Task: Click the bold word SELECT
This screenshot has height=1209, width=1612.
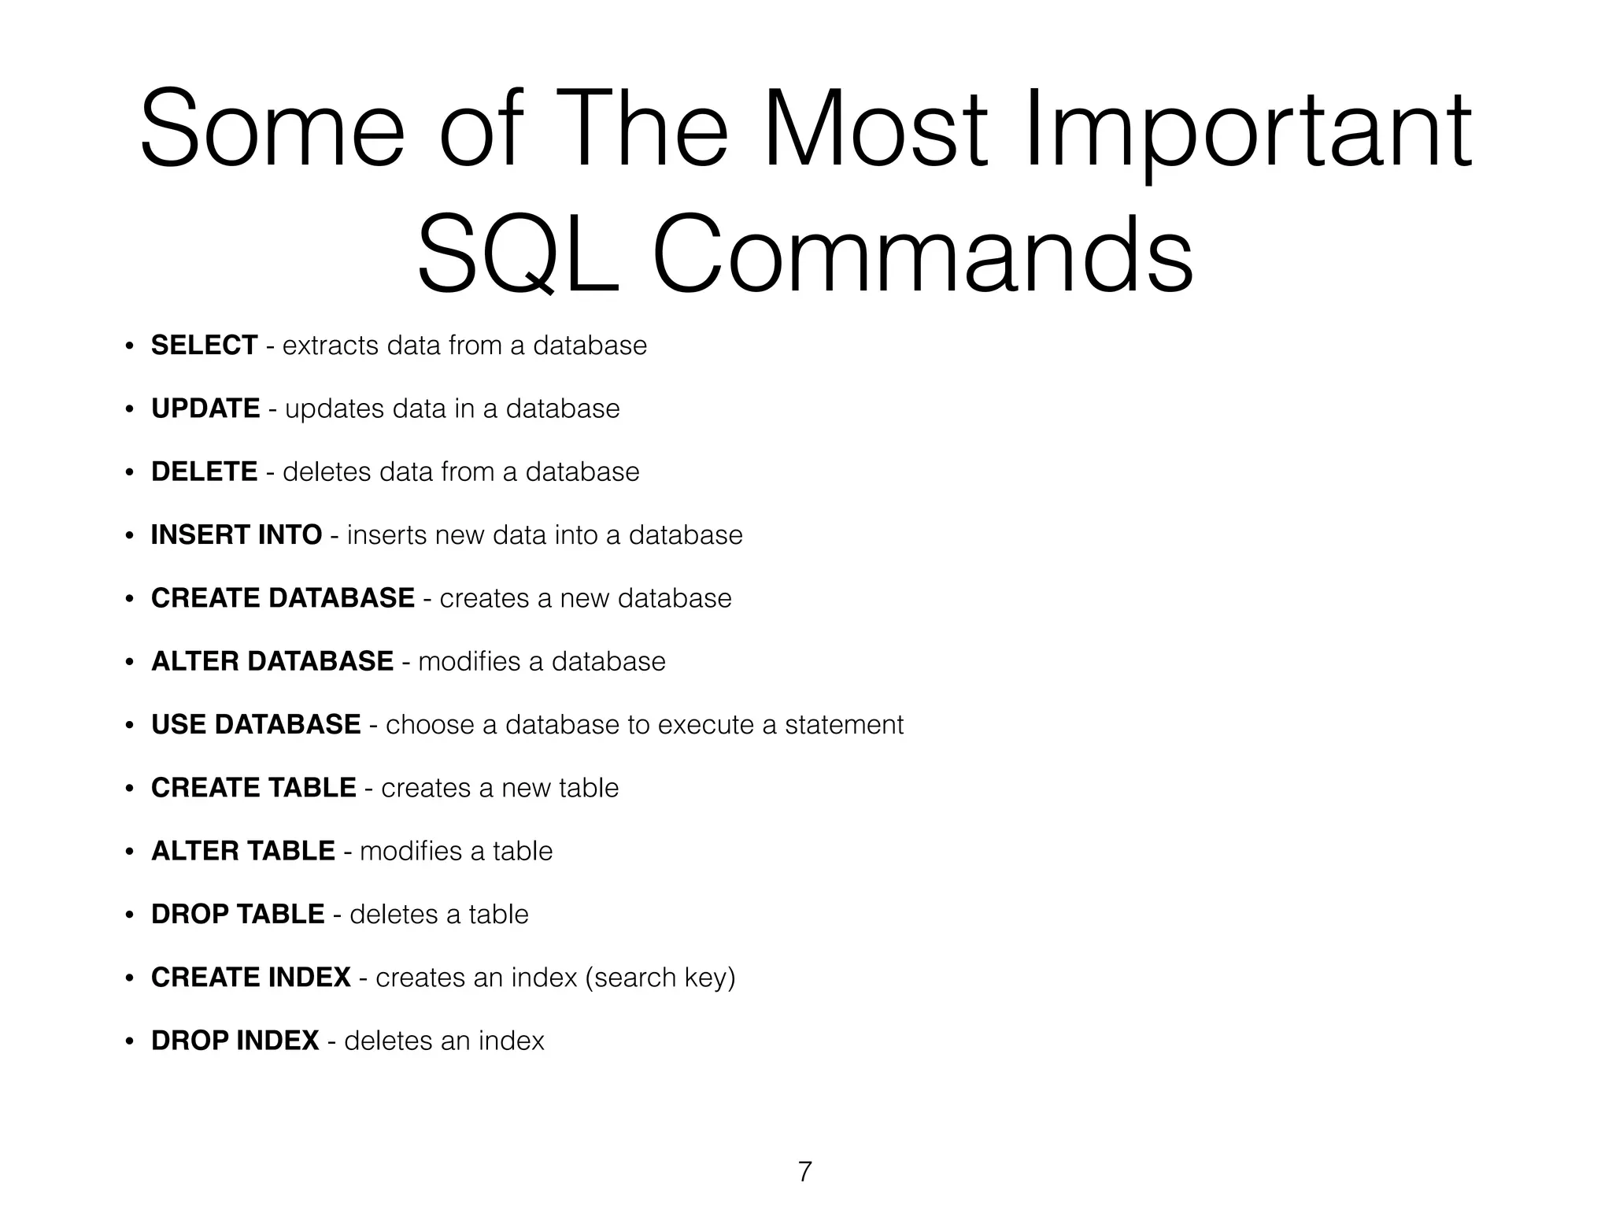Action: coord(204,346)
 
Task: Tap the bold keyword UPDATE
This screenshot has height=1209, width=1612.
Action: coord(205,409)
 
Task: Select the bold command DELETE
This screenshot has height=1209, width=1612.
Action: coord(204,471)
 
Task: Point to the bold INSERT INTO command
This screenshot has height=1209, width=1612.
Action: coord(236,535)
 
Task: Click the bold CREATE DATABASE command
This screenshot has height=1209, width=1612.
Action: coord(283,598)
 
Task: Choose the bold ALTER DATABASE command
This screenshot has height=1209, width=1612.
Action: coord(272,661)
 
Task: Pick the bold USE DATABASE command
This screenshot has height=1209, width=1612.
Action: coord(256,724)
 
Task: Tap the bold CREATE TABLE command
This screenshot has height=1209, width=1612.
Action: coord(253,788)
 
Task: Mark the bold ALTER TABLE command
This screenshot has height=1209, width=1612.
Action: coord(243,851)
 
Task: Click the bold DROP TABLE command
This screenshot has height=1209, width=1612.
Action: coord(238,914)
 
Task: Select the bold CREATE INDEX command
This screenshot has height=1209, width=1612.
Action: coord(251,978)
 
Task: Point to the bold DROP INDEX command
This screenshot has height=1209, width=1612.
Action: coord(235,1041)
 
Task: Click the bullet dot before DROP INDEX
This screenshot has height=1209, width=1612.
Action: coord(129,1041)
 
